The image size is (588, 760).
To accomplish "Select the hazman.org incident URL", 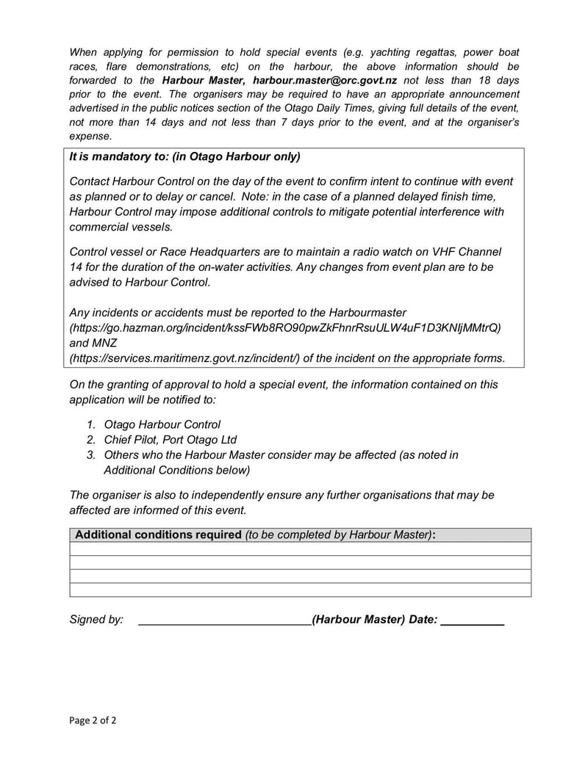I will (285, 327).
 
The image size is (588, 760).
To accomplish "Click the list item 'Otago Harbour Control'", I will (162, 424).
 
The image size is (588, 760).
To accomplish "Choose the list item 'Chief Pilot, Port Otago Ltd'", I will (170, 440).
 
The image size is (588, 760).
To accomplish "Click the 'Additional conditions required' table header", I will (158, 535).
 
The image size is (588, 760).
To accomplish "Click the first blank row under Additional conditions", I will (300, 549).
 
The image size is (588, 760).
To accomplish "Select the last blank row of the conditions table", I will (300, 590).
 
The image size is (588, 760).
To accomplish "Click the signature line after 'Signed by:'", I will (224, 620).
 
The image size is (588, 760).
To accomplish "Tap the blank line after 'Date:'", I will (473, 620).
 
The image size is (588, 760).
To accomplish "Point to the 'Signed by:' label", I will (96, 620).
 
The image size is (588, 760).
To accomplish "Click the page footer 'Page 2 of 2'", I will (93, 720).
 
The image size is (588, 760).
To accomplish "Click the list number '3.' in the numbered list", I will (90, 455).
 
